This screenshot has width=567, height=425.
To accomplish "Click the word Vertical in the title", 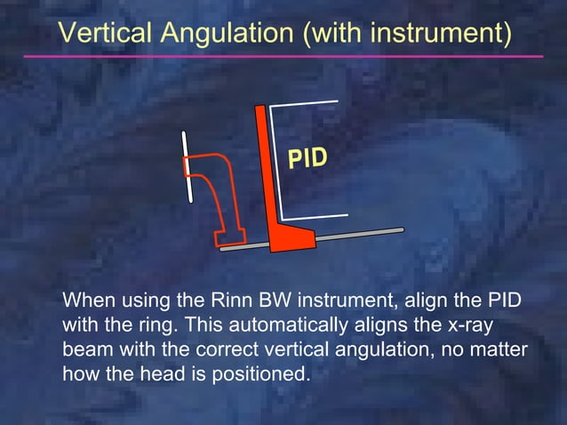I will (102, 33).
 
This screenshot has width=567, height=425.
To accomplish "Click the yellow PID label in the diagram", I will (307, 158).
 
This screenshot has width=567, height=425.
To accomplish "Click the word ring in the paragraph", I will (149, 324).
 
